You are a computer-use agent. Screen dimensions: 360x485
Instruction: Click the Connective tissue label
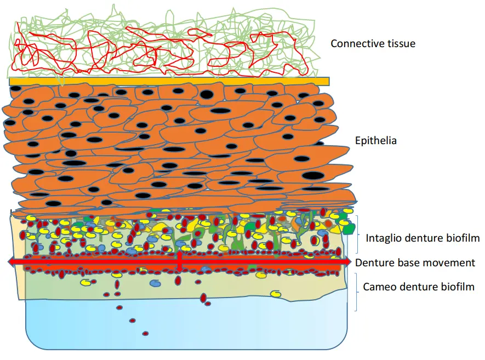point(373,43)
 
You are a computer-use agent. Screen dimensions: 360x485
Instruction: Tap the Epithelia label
point(376,141)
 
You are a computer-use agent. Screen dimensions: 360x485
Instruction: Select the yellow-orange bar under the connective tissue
point(169,81)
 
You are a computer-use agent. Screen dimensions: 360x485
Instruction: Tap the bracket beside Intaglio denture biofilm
point(357,231)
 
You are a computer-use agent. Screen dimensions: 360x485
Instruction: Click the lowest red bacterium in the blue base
point(145,333)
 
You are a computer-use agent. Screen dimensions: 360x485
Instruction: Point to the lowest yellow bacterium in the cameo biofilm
point(277,294)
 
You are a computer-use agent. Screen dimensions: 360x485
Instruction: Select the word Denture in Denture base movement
point(373,262)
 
